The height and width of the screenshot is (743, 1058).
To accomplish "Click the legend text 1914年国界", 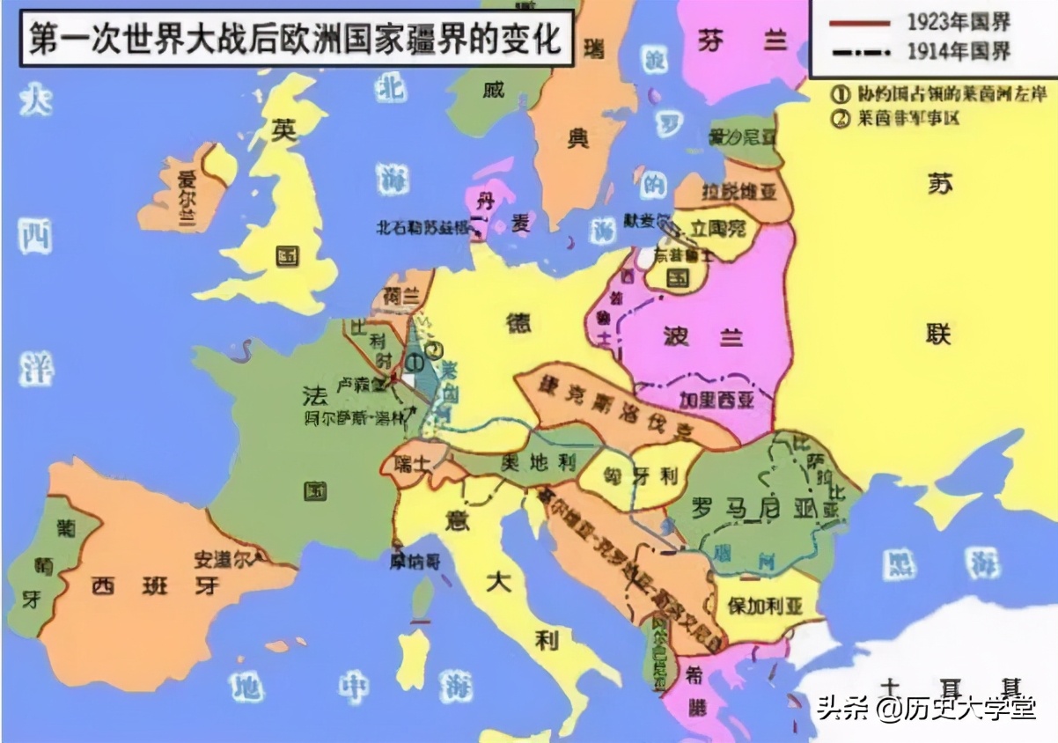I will tap(959, 52).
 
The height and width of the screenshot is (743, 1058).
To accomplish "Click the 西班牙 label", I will tap(154, 585).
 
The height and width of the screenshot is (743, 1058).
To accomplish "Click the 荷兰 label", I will tap(400, 297).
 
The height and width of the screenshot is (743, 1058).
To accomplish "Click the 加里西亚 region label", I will tap(716, 400).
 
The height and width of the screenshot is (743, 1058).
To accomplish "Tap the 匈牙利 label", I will tap(641, 476).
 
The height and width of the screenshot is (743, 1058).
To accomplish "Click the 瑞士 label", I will tap(412, 462).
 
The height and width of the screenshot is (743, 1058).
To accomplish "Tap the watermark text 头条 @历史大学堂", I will tap(925, 707).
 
